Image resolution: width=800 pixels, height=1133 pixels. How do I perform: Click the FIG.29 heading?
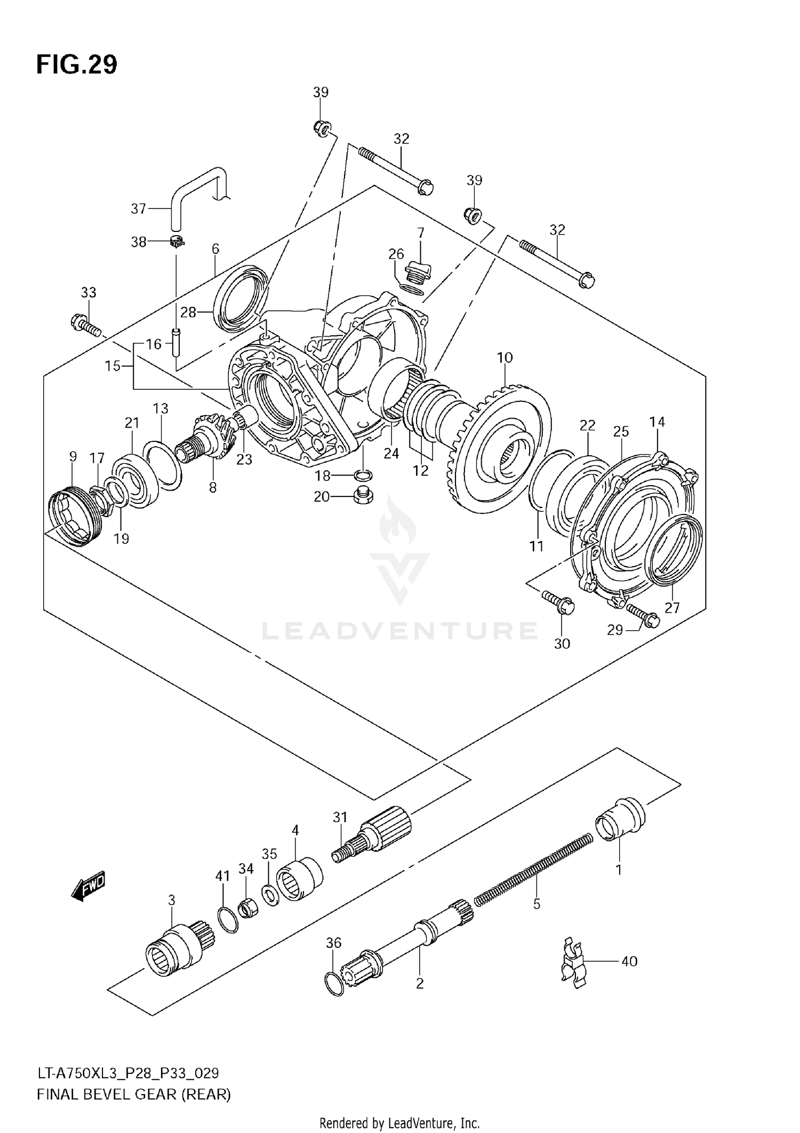[77, 65]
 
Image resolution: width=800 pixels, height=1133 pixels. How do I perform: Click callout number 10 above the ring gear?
[505, 357]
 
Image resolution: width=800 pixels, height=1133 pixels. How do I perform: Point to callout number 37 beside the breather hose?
[138, 208]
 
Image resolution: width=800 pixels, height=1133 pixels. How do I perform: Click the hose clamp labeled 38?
[177, 242]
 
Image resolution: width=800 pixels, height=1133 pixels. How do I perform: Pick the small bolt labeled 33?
[85, 326]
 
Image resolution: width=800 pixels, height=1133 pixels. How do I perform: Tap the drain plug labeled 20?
[363, 497]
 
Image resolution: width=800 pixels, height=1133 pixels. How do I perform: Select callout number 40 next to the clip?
[629, 961]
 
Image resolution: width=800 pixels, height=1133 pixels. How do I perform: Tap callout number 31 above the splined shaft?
[340, 817]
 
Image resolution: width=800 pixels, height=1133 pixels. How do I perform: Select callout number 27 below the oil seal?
[672, 607]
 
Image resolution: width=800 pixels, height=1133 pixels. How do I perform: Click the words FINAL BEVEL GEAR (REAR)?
[134, 1095]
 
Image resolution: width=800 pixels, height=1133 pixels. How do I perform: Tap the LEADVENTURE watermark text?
[400, 631]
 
